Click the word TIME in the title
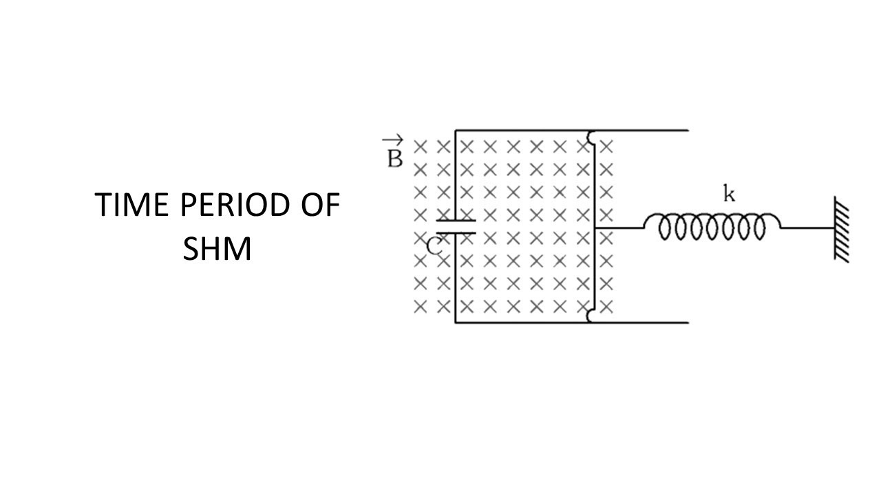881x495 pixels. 131,205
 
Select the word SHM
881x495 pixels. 217,249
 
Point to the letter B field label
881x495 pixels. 395,159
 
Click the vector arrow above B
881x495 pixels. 392,139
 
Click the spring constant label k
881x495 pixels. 729,194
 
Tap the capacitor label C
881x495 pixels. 434,247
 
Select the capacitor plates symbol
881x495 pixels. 456,227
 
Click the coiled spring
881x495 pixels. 712,226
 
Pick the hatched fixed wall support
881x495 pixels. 841,229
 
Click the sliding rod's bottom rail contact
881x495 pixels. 590,316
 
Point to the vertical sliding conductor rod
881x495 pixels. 594,226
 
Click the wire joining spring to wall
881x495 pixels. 807,228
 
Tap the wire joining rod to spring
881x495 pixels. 619,228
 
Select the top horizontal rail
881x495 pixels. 572,130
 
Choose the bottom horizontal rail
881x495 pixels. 572,323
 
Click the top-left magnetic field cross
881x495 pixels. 421,147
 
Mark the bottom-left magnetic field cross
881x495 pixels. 421,307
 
